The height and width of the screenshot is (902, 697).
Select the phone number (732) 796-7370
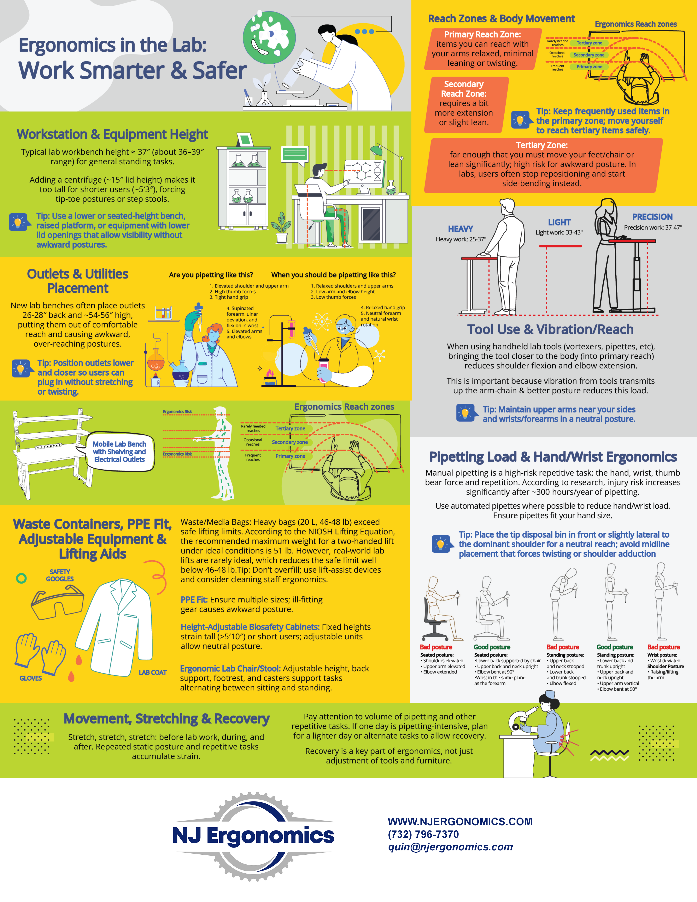(423, 834)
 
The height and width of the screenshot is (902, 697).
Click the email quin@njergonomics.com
(450, 847)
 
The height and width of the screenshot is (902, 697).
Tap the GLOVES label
(31, 678)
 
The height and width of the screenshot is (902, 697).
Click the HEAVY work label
(460, 229)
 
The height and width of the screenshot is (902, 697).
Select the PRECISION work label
(652, 217)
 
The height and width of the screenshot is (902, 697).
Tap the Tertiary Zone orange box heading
(542, 145)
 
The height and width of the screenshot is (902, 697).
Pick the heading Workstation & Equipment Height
(112, 135)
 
